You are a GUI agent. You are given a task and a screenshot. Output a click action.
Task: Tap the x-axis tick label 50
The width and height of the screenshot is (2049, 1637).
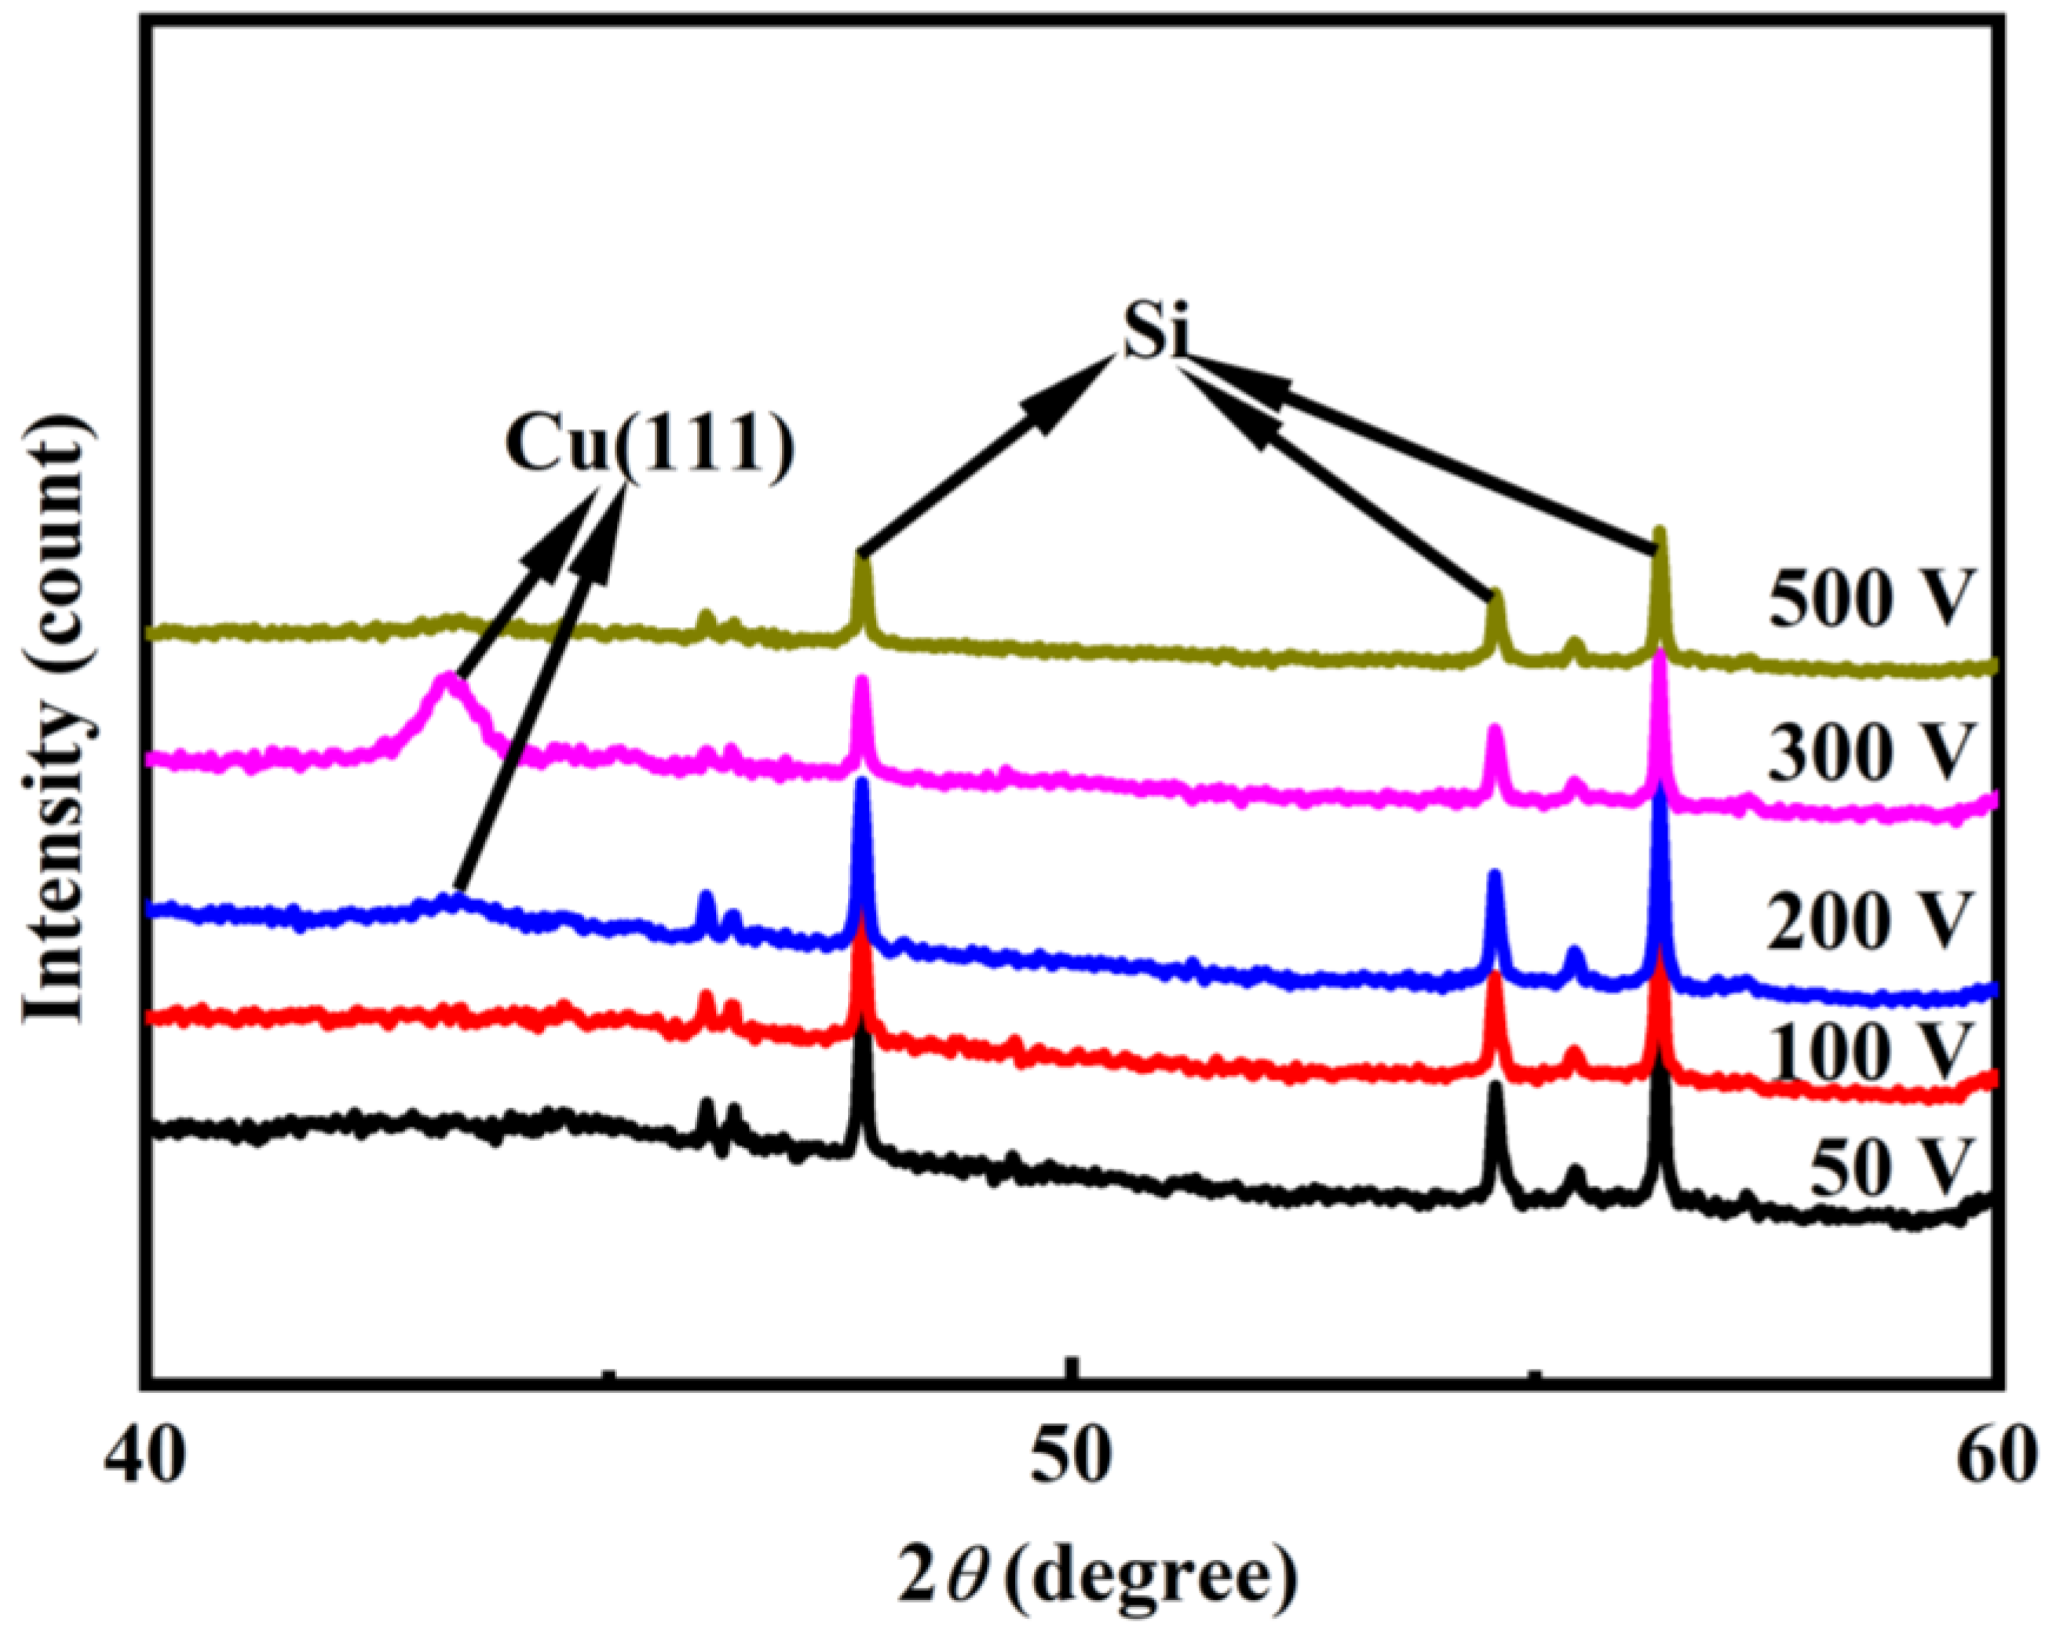point(1071,1456)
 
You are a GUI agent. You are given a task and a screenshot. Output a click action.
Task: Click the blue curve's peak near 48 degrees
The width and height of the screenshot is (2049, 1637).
point(861,783)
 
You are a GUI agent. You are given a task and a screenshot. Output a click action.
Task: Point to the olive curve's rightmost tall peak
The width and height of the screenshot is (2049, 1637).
point(1660,532)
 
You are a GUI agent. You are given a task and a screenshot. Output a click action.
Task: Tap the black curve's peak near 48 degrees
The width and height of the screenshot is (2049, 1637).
point(861,1031)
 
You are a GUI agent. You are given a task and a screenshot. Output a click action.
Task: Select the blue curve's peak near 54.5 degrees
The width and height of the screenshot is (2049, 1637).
point(1494,874)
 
